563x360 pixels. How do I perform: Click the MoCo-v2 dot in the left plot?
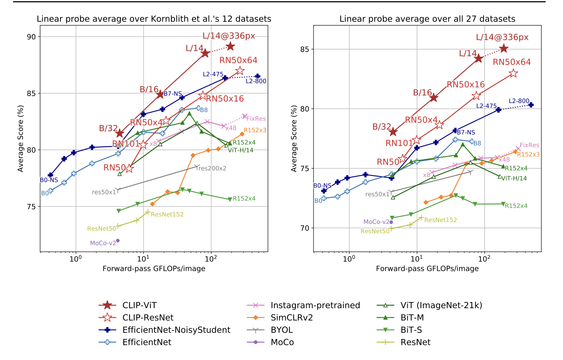click(x=118, y=240)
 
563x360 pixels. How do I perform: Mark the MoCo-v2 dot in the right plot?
click(x=391, y=222)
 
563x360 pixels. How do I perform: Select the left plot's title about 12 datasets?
click(x=154, y=19)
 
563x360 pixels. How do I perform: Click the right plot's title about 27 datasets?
click(x=427, y=19)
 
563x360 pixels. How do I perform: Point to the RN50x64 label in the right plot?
click(x=512, y=62)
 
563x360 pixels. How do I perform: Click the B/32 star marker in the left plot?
click(x=120, y=133)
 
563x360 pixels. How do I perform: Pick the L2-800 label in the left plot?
click(x=256, y=81)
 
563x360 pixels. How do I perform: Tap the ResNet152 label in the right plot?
click(x=441, y=220)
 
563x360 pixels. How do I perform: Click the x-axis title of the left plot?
click(x=154, y=268)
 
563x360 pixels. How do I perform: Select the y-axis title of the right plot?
click(x=294, y=138)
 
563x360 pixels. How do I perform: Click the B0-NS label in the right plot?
click(x=322, y=186)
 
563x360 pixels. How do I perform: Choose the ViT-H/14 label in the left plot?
click(x=241, y=150)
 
